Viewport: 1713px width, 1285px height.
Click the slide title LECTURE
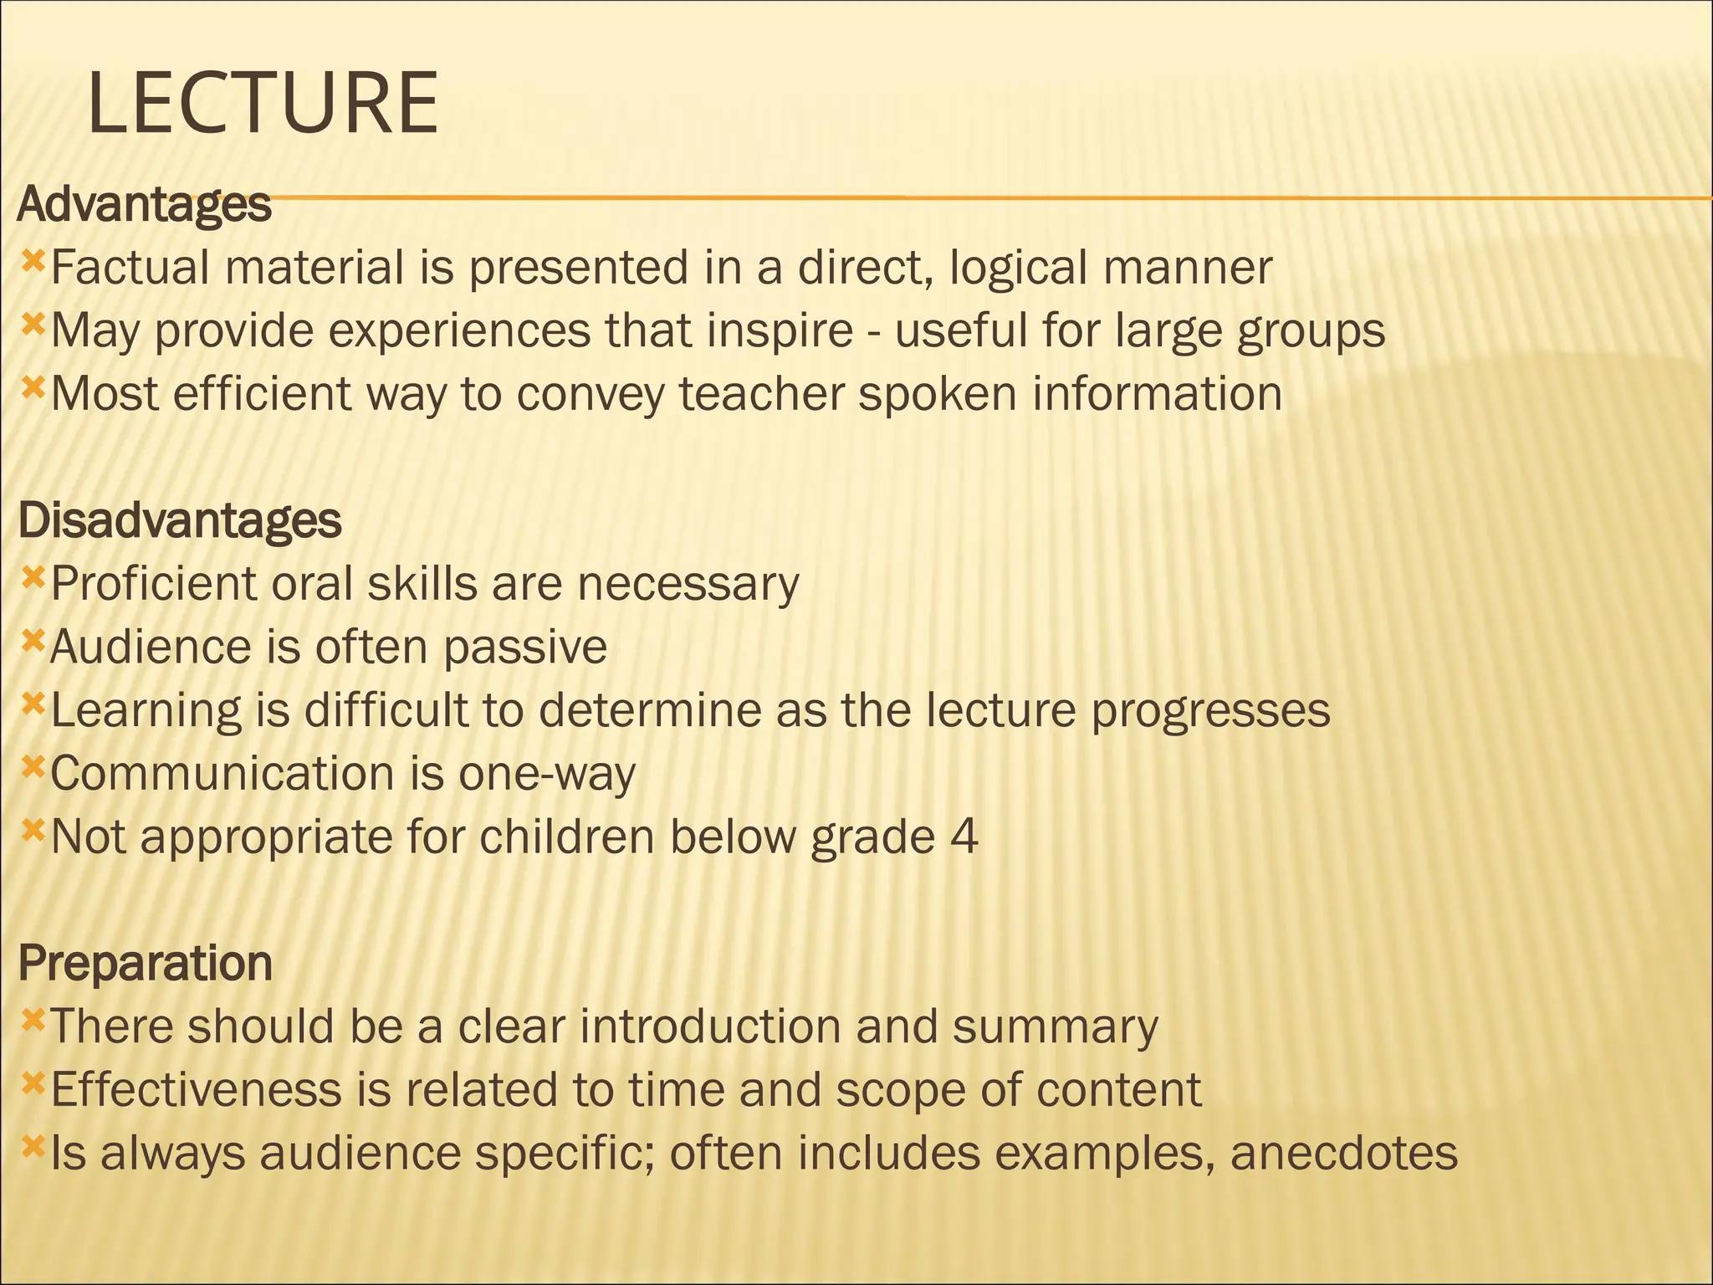coord(263,104)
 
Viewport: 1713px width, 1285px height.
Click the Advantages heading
coord(144,204)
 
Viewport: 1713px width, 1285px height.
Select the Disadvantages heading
coord(179,520)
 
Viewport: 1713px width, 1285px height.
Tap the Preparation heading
coord(145,963)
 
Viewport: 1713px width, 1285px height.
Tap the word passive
coord(525,647)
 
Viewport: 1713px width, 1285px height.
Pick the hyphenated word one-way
coord(547,774)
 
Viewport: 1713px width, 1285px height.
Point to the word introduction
coord(709,1026)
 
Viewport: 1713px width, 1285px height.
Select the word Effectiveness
coord(197,1090)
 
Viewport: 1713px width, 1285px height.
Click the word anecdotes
coord(1344,1153)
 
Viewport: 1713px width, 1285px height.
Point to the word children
coord(566,837)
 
